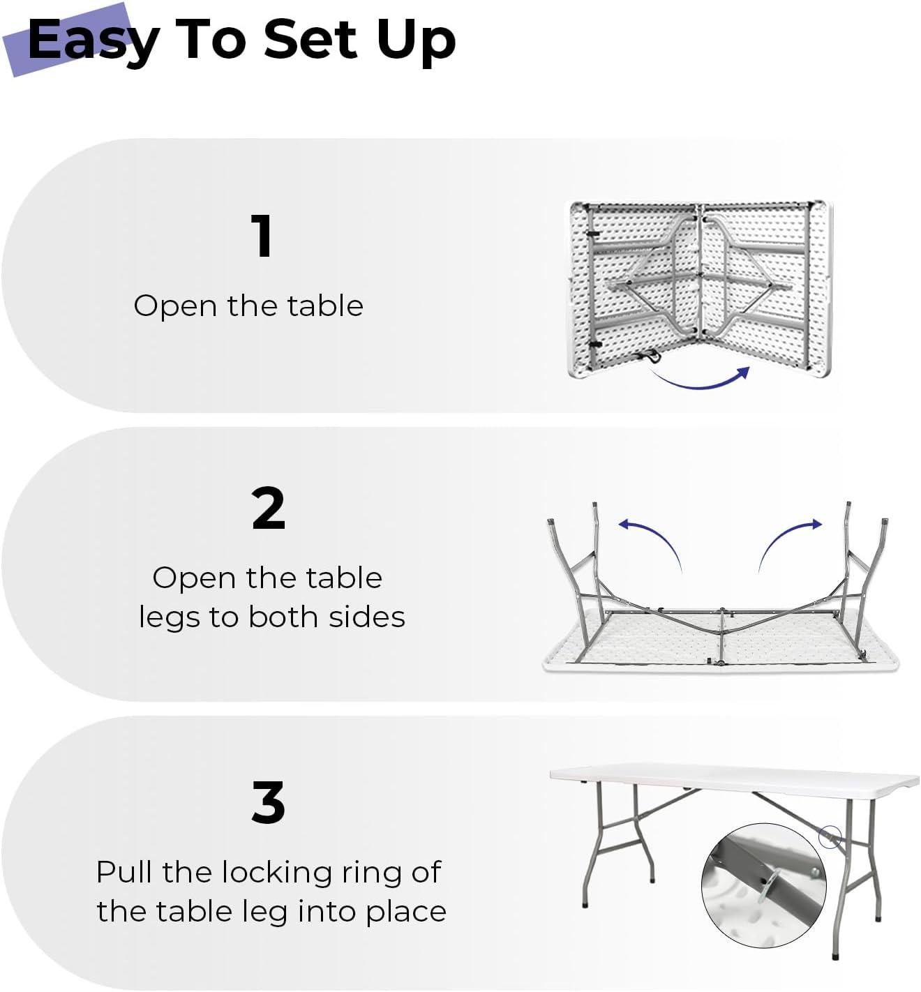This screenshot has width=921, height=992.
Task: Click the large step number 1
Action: (262, 236)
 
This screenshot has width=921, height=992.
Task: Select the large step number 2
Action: (269, 509)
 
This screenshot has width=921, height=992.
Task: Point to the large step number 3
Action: (269, 802)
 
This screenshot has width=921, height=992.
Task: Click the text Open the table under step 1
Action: (248, 306)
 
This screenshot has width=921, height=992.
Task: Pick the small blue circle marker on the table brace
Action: (830, 837)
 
